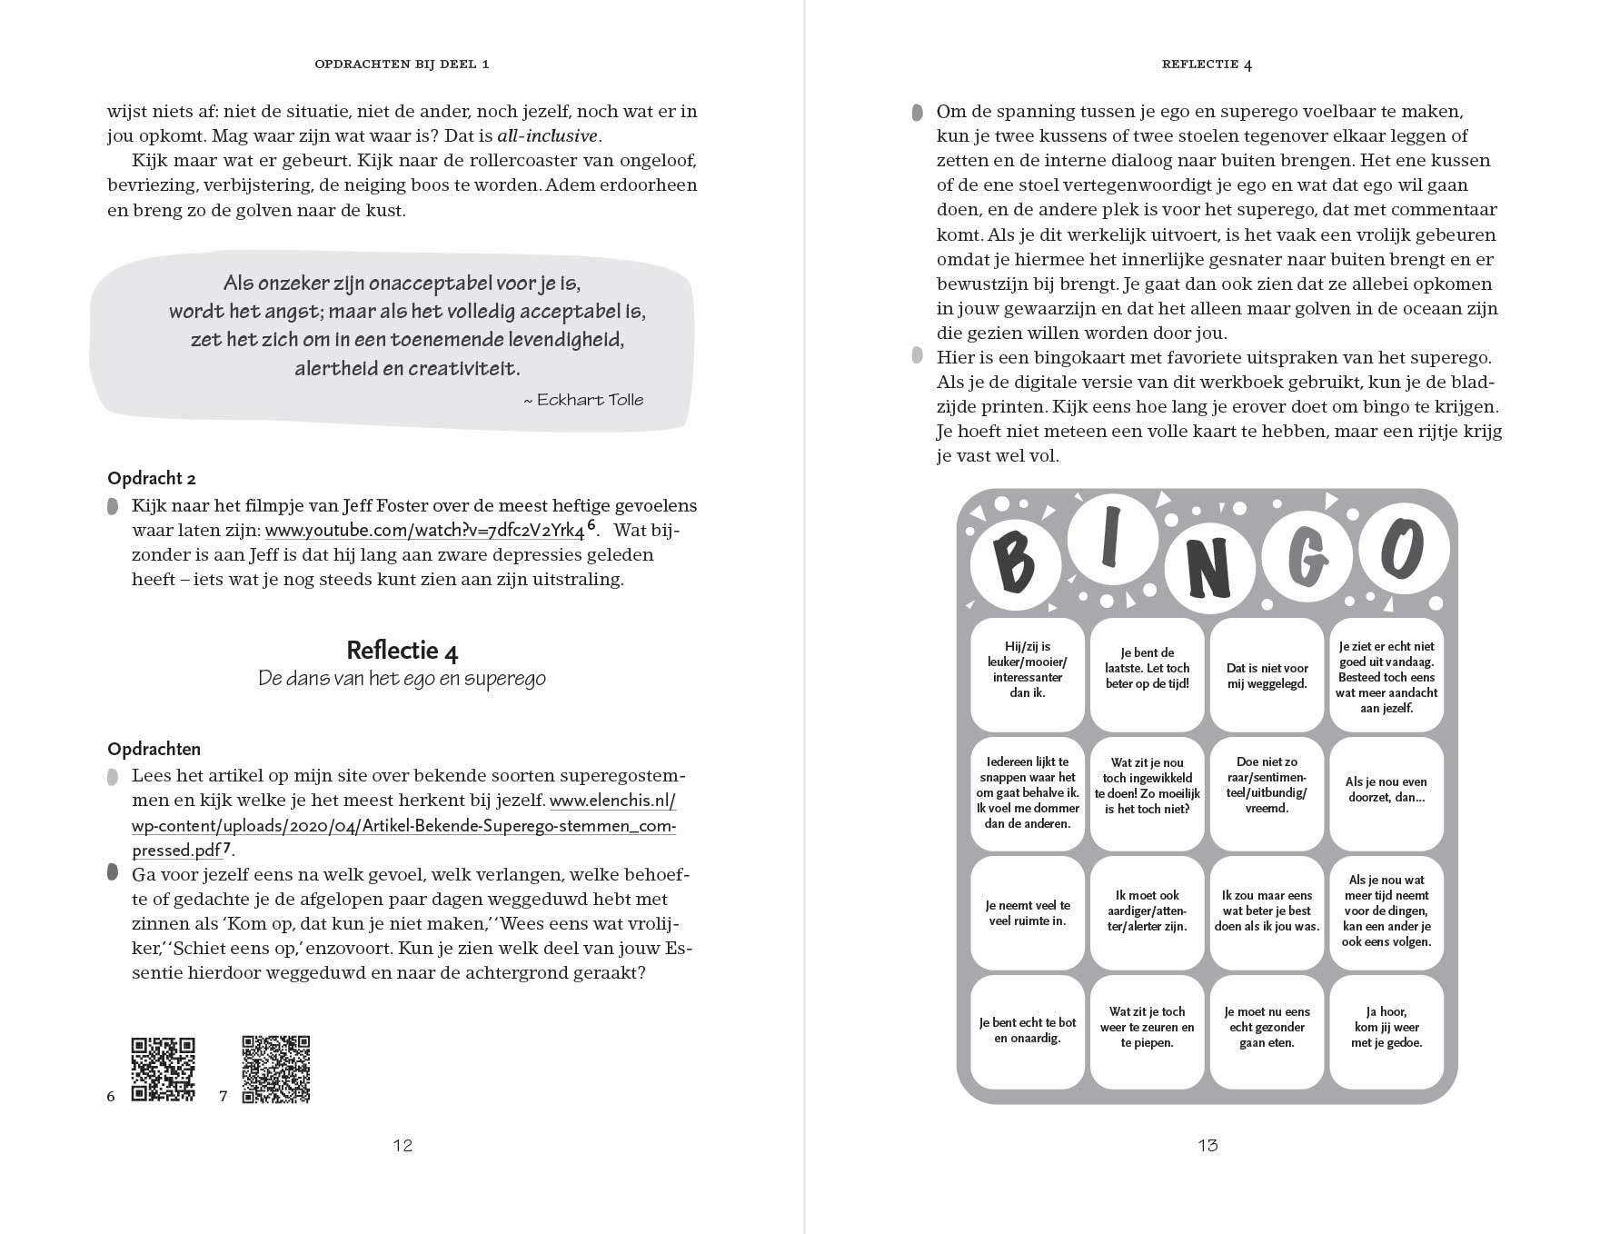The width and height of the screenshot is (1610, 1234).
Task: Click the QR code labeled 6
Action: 164,1069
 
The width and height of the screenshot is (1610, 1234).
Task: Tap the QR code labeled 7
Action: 276,1069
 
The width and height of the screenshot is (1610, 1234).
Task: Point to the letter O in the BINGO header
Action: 1403,549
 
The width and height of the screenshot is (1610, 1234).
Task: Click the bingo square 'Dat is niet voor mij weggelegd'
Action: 1267,675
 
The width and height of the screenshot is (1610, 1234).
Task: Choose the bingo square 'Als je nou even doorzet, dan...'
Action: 1386,789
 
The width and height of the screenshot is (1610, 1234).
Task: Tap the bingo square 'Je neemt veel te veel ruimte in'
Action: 1028,912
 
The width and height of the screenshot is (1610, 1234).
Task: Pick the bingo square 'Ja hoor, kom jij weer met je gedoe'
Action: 1386,1027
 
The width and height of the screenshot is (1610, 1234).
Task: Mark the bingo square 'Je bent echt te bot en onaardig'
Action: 1028,1030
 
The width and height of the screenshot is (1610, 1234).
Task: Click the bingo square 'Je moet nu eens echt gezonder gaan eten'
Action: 1267,1027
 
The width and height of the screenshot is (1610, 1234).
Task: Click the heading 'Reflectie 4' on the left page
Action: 402,651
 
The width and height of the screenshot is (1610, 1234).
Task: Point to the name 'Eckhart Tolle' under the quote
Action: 590,400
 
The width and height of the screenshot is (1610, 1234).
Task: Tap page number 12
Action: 402,1145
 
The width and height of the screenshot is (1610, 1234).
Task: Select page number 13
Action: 1207,1145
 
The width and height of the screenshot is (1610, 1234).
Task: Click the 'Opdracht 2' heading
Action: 152,478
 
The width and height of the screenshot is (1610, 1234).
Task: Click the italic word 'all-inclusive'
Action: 547,136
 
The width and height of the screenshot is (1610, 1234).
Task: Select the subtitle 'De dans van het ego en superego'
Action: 402,679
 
